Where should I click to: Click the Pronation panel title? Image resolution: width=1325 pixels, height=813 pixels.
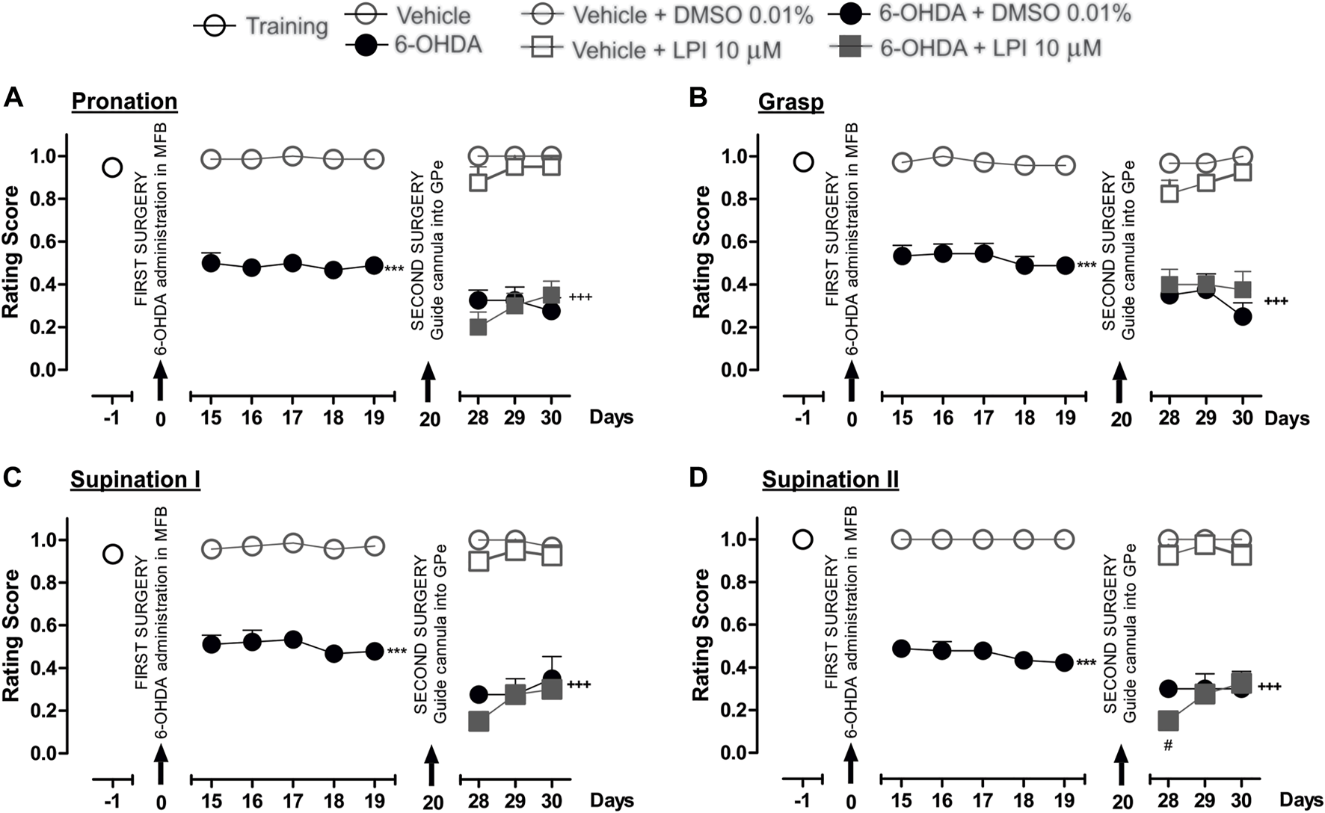(x=125, y=101)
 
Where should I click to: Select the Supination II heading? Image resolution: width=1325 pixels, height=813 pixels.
(x=830, y=479)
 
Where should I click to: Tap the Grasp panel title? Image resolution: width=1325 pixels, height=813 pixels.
(x=790, y=101)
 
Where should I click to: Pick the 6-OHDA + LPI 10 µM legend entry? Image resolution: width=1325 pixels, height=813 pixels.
(x=966, y=49)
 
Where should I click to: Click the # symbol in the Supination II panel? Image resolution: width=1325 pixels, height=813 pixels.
(x=1167, y=746)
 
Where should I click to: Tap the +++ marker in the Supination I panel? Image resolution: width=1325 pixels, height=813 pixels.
(x=579, y=684)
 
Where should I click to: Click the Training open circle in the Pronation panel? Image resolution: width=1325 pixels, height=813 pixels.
(x=112, y=167)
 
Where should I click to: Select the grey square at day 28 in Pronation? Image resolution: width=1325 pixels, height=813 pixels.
(x=478, y=327)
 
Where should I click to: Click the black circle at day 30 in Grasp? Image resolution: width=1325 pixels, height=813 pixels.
(x=1242, y=317)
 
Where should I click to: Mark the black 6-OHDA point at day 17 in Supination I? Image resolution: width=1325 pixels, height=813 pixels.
(x=293, y=640)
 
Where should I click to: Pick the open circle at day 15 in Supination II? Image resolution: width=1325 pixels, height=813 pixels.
(x=902, y=539)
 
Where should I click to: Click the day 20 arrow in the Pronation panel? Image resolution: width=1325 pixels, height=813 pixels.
(x=428, y=382)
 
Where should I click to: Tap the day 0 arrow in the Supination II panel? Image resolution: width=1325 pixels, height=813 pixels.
(x=851, y=765)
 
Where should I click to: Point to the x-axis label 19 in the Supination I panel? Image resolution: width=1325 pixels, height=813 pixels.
(x=374, y=800)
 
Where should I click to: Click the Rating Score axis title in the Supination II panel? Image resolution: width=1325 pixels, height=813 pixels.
(x=701, y=635)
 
